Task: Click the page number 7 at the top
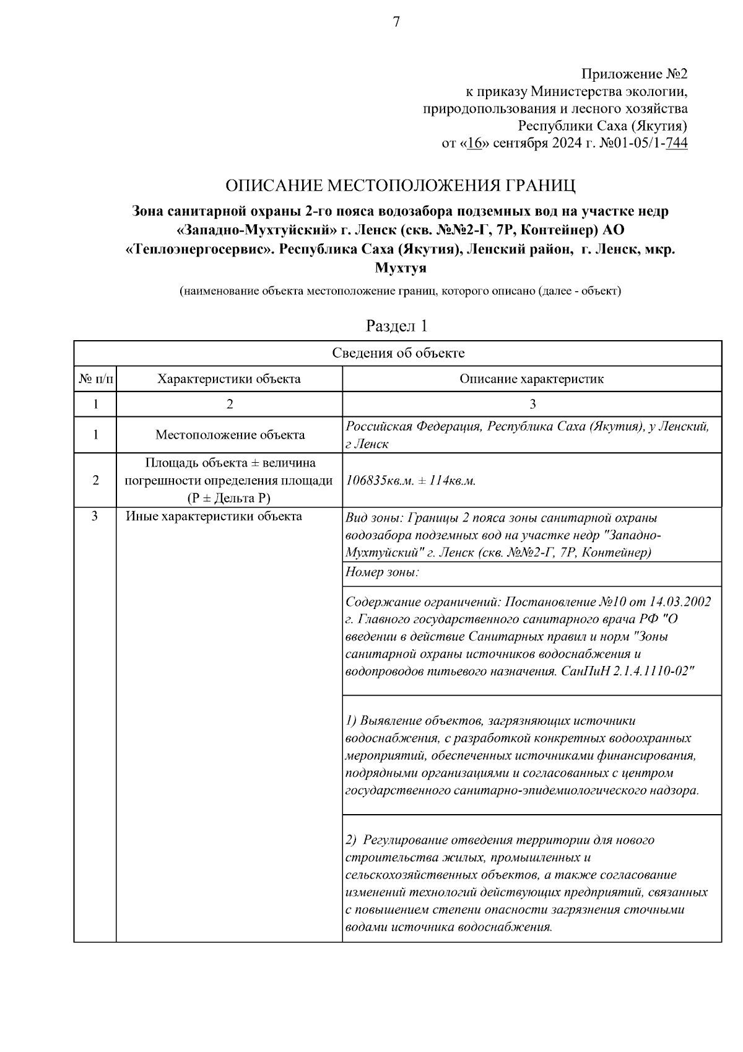click(396, 22)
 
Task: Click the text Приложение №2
click(635, 74)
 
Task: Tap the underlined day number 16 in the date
click(475, 144)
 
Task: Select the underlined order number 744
click(676, 144)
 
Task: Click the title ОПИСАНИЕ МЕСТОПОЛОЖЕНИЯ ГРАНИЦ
click(400, 185)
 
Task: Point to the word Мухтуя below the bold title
click(401, 268)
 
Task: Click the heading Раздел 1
click(397, 326)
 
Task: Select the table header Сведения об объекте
click(398, 353)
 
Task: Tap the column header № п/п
click(95, 379)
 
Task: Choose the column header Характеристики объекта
click(229, 379)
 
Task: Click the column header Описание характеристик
click(531, 379)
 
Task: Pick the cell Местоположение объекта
click(230, 435)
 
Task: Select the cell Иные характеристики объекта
click(214, 516)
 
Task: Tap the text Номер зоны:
click(382, 572)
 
